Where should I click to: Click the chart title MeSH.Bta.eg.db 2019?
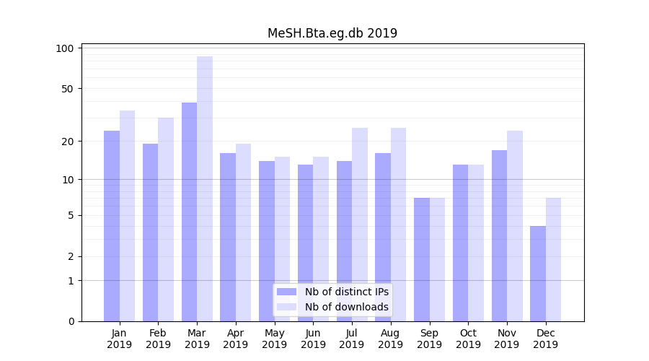click(x=332, y=33)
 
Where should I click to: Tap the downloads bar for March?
click(x=205, y=188)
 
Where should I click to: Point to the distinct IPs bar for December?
click(x=538, y=274)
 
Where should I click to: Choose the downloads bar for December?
click(x=554, y=259)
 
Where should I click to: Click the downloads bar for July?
click(x=360, y=225)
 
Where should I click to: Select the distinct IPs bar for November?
click(x=499, y=235)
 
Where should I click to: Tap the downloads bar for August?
click(x=398, y=225)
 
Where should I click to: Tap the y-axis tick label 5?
click(x=71, y=215)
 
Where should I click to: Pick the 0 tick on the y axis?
click(x=71, y=321)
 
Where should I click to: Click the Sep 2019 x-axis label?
click(x=429, y=339)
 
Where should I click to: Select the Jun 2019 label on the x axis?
click(x=313, y=339)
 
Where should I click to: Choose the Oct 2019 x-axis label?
click(x=468, y=339)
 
